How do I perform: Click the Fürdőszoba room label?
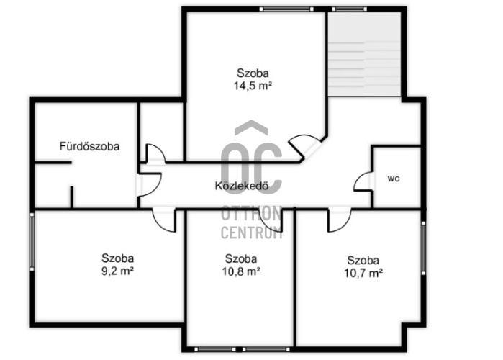coord(89,146)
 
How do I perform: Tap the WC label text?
coord(394,179)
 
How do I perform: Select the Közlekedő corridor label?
coord(242,186)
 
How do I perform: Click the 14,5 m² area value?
coord(253,86)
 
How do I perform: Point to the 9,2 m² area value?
coord(117,271)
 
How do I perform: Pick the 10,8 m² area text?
coord(241,271)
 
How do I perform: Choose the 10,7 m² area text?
coord(363,273)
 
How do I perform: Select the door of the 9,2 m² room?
coord(164,220)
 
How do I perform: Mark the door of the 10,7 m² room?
coord(339,220)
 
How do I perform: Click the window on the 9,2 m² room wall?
coord(32,242)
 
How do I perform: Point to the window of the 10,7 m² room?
coord(423,247)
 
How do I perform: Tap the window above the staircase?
coord(349,9)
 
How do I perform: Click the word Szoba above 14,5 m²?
coord(253,73)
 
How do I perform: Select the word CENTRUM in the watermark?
coord(252,233)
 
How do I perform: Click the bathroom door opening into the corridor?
coord(148,184)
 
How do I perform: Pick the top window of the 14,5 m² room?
coord(286,9)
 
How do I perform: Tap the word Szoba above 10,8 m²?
coord(241,258)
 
